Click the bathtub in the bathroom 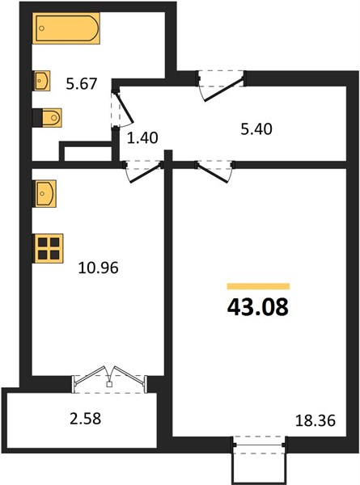(66, 28)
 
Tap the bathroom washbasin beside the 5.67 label (42, 81)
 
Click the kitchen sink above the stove (44, 194)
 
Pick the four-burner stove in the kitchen (49, 248)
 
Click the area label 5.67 (82, 84)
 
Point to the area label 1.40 (142, 137)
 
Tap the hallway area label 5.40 (256, 129)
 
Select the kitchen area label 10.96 (99, 268)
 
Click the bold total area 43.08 (258, 307)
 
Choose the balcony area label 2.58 (86, 419)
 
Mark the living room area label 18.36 (316, 421)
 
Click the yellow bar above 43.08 (258, 286)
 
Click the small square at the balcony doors (109, 385)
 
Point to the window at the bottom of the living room (260, 445)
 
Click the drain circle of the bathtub (42, 28)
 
